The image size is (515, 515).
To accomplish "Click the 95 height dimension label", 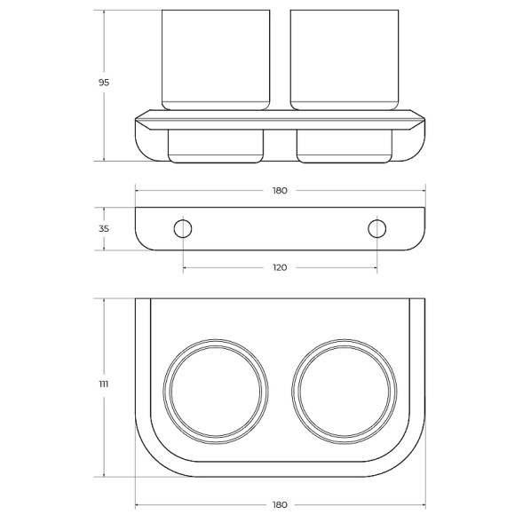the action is pyautogui.click(x=104, y=83).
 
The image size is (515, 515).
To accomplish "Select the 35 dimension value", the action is pyautogui.click(x=104, y=228).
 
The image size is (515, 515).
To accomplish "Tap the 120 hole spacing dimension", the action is pyautogui.click(x=280, y=267).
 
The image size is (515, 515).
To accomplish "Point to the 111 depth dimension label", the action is pyautogui.click(x=104, y=384).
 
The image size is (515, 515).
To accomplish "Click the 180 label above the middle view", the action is pyautogui.click(x=280, y=191).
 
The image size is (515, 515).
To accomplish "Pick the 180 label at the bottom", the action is pyautogui.click(x=280, y=504).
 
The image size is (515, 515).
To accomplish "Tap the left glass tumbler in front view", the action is pyautogui.click(x=216, y=59).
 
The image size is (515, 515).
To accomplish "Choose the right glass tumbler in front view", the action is pyautogui.click(x=345, y=59).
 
